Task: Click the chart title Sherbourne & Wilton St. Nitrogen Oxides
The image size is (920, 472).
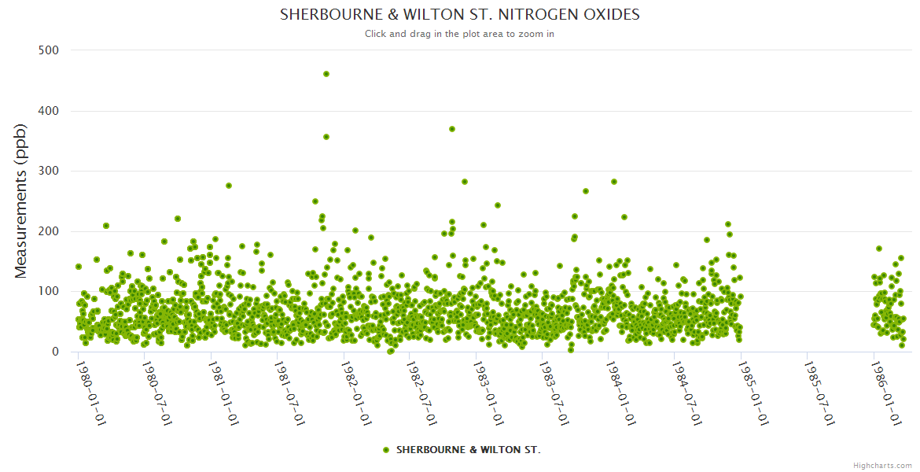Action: point(460,15)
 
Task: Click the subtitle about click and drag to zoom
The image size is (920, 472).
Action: point(460,34)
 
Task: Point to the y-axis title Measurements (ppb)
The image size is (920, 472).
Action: point(22,201)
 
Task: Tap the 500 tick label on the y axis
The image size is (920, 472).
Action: point(49,50)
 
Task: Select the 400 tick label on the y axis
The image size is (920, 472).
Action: point(49,111)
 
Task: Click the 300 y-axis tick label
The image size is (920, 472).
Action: point(49,171)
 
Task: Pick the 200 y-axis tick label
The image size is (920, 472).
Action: point(49,231)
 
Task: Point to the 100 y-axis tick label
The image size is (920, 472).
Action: point(49,291)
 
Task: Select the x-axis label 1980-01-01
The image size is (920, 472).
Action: point(90,393)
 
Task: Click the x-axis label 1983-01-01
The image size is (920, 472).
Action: point(488,393)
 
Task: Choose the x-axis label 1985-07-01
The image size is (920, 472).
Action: point(819,393)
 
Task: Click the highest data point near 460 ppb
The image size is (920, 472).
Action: point(326,74)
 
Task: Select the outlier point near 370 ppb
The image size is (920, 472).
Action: point(452,129)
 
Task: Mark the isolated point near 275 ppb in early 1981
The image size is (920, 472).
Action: point(229,186)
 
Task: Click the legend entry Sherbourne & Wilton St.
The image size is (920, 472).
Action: point(468,450)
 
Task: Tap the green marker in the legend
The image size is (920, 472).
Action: point(385,450)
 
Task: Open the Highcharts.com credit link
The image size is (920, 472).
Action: point(882,466)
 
